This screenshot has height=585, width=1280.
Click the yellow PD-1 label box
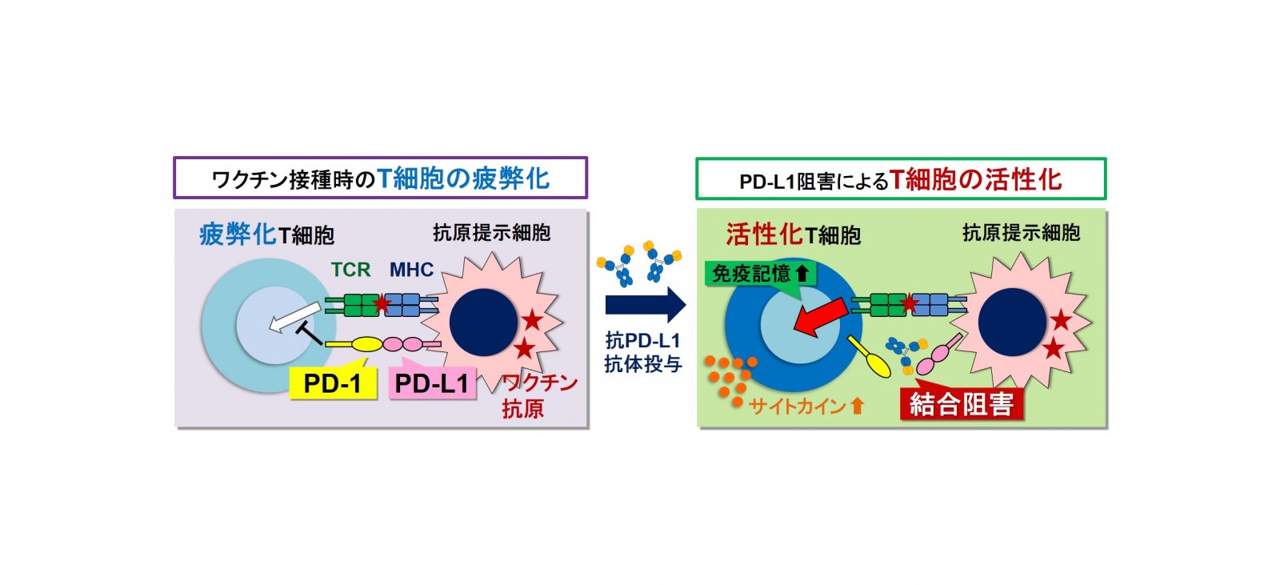click(333, 383)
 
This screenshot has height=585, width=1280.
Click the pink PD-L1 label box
click(432, 383)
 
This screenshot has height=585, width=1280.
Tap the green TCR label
click(351, 270)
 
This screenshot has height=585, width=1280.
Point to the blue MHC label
click(411, 270)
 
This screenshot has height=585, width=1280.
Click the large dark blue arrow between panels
click(646, 305)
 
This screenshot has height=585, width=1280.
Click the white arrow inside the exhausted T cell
click(294, 318)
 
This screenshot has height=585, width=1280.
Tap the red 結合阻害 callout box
click(961, 403)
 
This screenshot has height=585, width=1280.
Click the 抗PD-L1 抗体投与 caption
click(643, 352)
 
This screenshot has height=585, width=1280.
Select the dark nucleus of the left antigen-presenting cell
click(483, 323)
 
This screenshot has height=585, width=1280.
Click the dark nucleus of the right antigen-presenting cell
click(1012, 323)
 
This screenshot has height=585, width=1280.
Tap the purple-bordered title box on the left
click(381, 178)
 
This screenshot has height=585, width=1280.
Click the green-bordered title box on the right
click(901, 179)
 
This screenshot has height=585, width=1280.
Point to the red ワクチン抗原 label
click(539, 395)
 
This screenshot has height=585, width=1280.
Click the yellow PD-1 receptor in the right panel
click(869, 356)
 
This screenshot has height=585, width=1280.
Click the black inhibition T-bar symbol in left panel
click(310, 334)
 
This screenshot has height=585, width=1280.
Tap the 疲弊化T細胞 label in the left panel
click(267, 234)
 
